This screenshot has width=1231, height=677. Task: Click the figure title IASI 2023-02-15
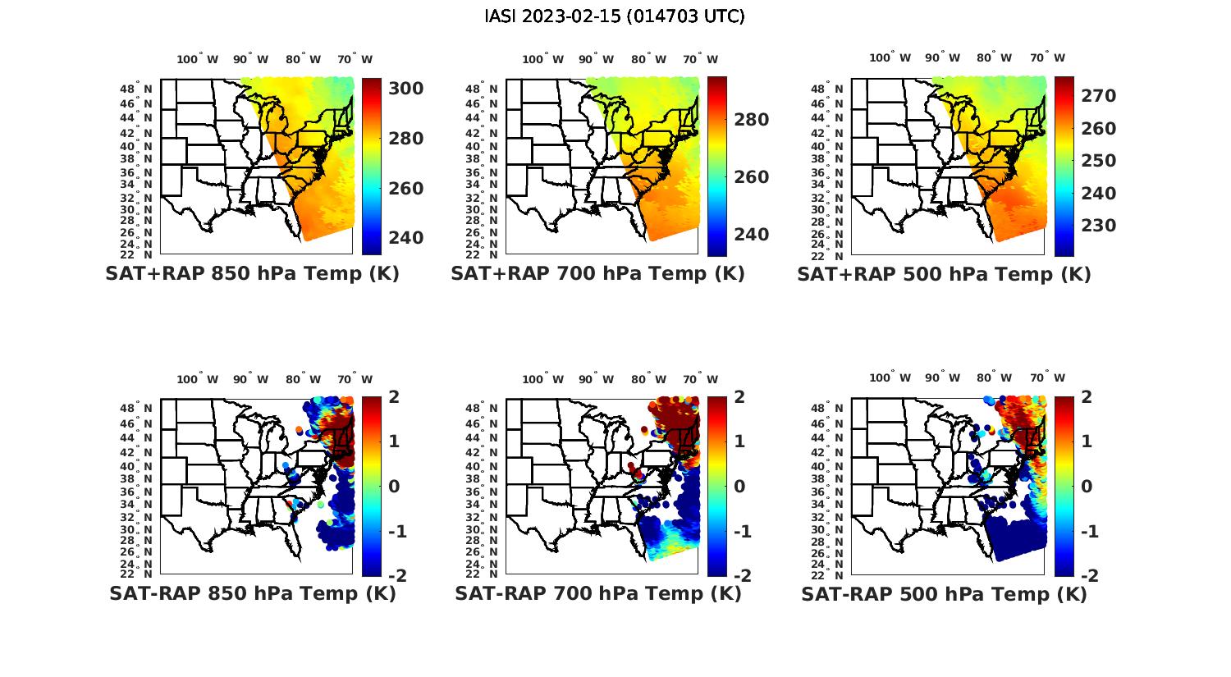(615, 16)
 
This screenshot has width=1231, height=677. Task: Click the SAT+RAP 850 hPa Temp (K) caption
(252, 274)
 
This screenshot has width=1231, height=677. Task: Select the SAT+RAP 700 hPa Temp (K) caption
(597, 274)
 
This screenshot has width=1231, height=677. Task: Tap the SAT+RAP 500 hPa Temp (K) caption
(944, 274)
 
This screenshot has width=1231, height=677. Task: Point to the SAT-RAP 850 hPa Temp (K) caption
(252, 593)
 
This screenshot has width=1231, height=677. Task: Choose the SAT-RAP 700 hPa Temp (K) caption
(597, 593)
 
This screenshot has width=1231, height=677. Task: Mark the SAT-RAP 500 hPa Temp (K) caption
(944, 593)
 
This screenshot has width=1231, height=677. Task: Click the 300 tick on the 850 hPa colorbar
(405, 89)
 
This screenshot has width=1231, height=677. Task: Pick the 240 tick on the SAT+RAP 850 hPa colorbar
(405, 238)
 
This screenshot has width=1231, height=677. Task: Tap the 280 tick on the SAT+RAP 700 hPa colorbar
(751, 120)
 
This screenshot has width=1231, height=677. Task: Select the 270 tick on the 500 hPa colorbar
(1099, 96)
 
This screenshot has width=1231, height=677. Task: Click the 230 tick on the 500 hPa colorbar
(1099, 226)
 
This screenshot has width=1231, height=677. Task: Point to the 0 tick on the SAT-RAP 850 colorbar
(394, 487)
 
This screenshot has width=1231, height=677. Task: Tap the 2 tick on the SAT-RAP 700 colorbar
(740, 397)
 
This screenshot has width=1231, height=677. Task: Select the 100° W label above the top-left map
(198, 59)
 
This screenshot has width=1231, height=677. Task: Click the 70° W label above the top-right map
(1048, 57)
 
